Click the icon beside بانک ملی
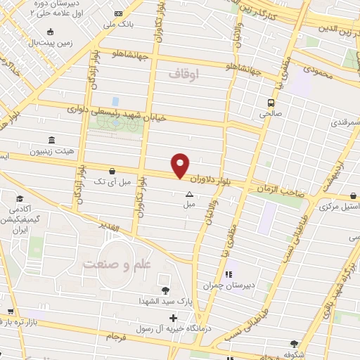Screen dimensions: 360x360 (117, 14)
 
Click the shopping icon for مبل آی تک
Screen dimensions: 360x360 (112, 169)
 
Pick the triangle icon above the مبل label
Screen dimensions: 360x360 (188, 194)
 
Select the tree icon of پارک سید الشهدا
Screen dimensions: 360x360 (165, 290)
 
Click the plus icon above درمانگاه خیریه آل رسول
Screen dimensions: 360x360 (173, 319)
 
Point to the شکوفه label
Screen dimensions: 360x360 (294, 354)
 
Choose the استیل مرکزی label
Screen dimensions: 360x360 (335, 207)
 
